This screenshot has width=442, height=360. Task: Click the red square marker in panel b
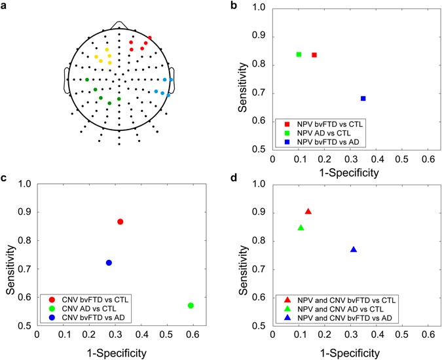(x=314, y=55)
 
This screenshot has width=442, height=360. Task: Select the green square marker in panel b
(x=299, y=54)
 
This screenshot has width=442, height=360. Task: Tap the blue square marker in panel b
(x=363, y=99)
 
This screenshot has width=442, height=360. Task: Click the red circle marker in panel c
(x=120, y=222)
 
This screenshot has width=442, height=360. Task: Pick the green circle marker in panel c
(x=191, y=306)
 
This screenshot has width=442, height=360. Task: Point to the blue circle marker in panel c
(x=109, y=262)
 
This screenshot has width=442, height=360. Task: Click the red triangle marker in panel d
(x=308, y=211)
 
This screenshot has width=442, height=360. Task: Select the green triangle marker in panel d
(x=301, y=228)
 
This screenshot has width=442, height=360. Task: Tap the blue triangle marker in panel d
(x=354, y=249)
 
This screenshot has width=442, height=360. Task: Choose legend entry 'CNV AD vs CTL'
(x=88, y=308)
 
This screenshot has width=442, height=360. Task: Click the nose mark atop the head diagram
(x=119, y=24)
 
